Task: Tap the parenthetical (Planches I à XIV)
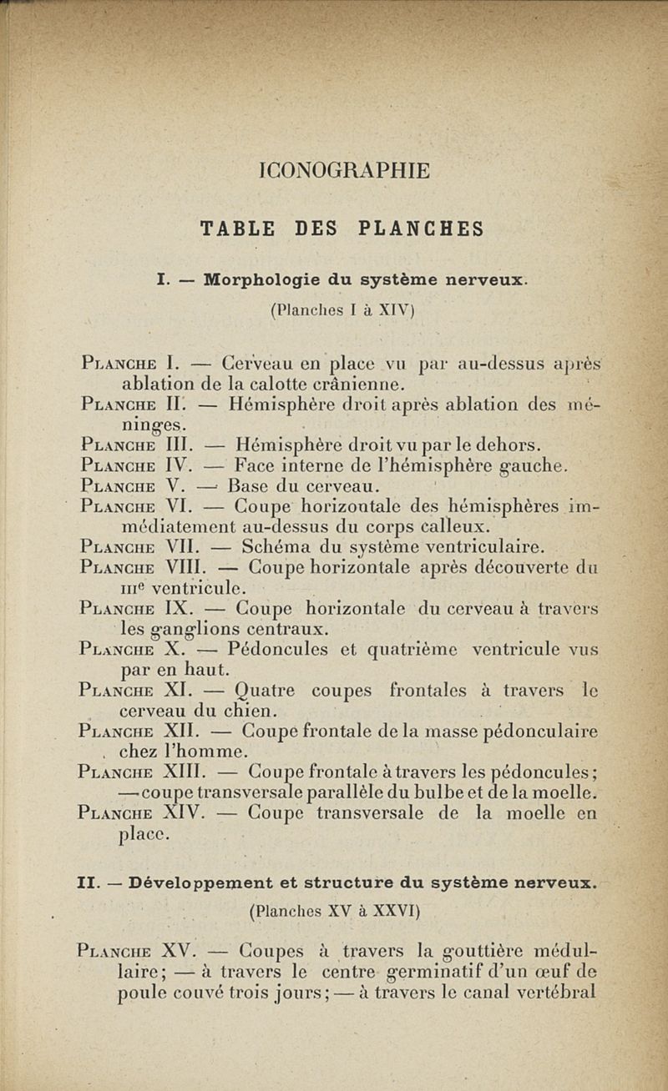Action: pyautogui.click(x=343, y=309)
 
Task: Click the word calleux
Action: pyautogui.click(x=456, y=526)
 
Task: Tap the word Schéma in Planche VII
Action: pyautogui.click(x=271, y=547)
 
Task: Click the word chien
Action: pyautogui.click(x=250, y=711)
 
